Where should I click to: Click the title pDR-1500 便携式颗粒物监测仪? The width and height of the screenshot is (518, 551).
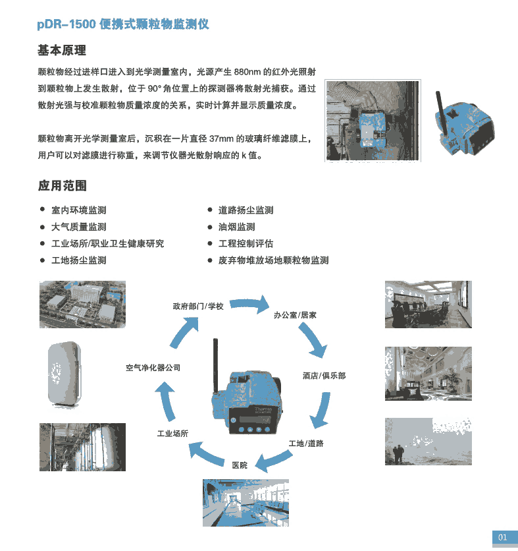point(123,24)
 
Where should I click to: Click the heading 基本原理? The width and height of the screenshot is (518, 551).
point(62,51)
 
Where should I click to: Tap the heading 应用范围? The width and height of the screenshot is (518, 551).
point(62,186)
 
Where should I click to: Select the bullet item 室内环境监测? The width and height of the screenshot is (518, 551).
point(78,210)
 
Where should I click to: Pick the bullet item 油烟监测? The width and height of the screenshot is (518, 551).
point(236,227)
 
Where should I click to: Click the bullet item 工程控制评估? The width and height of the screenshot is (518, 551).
point(246,243)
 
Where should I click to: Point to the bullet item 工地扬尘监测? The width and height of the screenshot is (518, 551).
point(78,260)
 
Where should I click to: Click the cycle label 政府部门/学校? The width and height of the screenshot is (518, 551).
point(198,306)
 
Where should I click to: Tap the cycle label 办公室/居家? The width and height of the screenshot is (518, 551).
point(295,315)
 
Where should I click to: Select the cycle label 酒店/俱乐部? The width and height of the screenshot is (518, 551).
point(324,376)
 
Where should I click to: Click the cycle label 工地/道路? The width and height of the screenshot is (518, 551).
point(306,444)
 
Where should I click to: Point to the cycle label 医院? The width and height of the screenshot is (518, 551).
point(240,465)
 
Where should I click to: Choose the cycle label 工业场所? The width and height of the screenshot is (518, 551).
point(172,434)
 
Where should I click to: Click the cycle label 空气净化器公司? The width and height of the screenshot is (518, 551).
point(153,368)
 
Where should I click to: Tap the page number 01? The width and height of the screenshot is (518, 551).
point(502,537)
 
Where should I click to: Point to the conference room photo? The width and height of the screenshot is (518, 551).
point(428,304)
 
